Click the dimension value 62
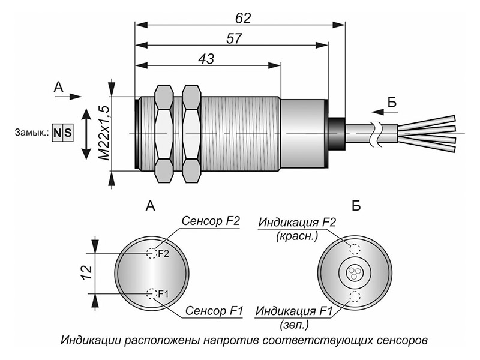click(x=243, y=19)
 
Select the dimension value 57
click(x=234, y=39)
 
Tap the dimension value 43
click(x=206, y=59)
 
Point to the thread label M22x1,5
click(x=104, y=133)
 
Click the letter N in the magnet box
click(x=57, y=133)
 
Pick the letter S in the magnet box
click(x=68, y=133)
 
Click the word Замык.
click(x=32, y=133)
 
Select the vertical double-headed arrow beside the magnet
click(x=86, y=134)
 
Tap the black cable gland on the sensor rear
click(x=337, y=134)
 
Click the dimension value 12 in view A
click(x=86, y=273)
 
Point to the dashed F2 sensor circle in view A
click(x=152, y=253)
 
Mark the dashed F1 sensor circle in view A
click(x=152, y=293)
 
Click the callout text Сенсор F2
click(x=211, y=221)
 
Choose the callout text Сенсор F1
click(x=214, y=311)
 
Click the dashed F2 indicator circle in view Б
click(x=355, y=249)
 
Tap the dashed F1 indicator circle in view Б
click(x=355, y=296)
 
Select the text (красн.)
click(x=297, y=236)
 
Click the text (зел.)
click(x=294, y=325)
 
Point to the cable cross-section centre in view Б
click(x=355, y=272)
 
